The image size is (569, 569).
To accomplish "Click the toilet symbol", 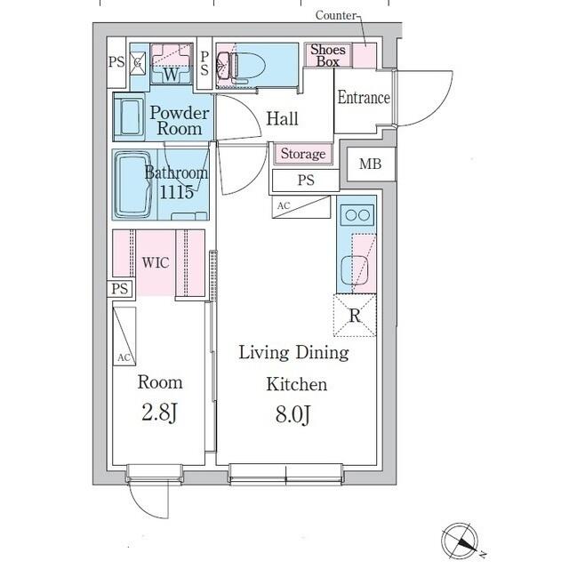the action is pyautogui.click(x=241, y=66).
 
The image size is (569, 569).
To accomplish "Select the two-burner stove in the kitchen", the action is pyautogui.click(x=357, y=215).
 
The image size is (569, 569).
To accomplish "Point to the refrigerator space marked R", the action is pyautogui.click(x=355, y=316).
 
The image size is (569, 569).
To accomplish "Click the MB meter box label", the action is pyautogui.click(x=370, y=164).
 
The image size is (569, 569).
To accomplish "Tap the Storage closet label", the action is pyautogui.click(x=303, y=154).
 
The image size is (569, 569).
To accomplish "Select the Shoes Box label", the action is pyautogui.click(x=328, y=55).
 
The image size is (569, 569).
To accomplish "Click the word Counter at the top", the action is pyautogui.click(x=336, y=15).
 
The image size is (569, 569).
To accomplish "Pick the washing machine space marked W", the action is pyautogui.click(x=171, y=64).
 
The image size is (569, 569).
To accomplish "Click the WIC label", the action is pyautogui.click(x=156, y=262).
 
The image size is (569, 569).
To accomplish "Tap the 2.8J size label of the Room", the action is pyautogui.click(x=159, y=413).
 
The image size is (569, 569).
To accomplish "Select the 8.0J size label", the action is pyautogui.click(x=293, y=414).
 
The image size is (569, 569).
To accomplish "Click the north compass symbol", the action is pyautogui.click(x=461, y=541).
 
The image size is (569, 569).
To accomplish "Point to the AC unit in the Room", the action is pyautogui.click(x=124, y=336).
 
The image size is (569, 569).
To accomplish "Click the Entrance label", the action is pyautogui.click(x=364, y=98).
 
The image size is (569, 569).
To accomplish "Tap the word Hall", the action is pyautogui.click(x=283, y=118).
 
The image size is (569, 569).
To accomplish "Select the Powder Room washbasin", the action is pyautogui.click(x=129, y=116).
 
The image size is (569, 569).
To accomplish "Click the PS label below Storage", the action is pyautogui.click(x=306, y=180).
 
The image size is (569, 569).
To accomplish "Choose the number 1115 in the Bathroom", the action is pyautogui.click(x=176, y=192).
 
